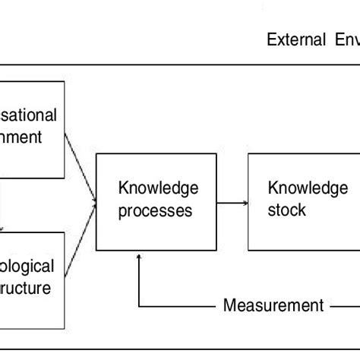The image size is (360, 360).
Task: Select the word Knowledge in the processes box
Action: (x=157, y=188)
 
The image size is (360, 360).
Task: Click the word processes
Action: (x=156, y=210)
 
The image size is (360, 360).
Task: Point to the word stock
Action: (x=287, y=210)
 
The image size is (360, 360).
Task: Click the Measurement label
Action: (x=273, y=306)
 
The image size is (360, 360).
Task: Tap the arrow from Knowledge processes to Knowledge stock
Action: (x=232, y=203)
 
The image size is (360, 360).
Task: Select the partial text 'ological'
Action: (x=27, y=267)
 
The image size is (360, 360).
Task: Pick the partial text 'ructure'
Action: (x=27, y=289)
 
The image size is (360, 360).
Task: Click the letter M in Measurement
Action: (x=229, y=306)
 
